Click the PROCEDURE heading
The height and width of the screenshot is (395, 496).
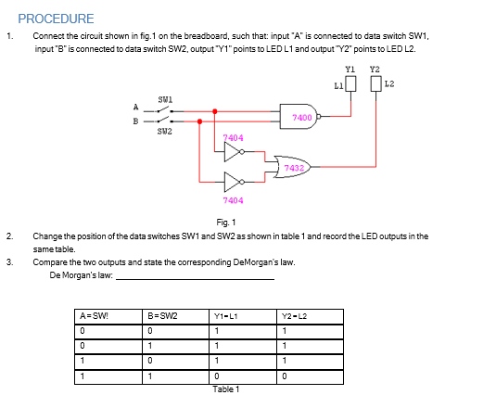click(x=56, y=19)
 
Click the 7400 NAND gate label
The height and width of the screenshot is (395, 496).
click(x=301, y=118)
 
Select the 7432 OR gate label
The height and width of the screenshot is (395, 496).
click(x=294, y=168)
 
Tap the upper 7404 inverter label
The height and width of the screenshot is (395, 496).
click(x=233, y=137)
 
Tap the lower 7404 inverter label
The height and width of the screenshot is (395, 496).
click(x=233, y=199)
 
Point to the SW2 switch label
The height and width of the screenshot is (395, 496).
click(x=166, y=131)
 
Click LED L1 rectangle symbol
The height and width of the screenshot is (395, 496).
click(x=350, y=84)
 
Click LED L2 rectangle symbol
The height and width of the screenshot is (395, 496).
click(x=375, y=84)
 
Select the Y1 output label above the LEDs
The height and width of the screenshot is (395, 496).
click(x=350, y=69)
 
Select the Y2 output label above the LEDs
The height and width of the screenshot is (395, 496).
click(x=375, y=69)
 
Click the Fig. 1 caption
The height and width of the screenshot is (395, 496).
click(x=225, y=223)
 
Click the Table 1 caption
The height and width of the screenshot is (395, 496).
click(x=226, y=389)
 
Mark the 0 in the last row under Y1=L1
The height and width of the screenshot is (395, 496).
click(x=215, y=376)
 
